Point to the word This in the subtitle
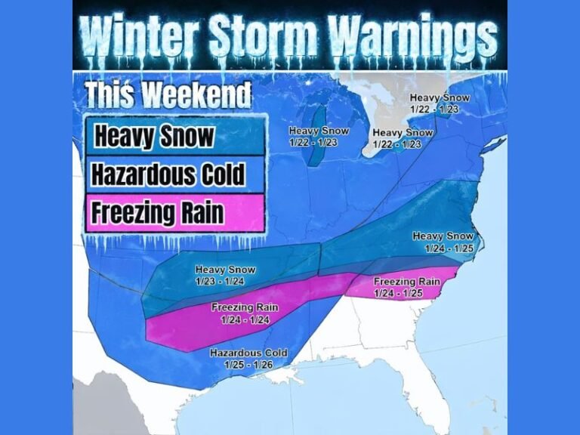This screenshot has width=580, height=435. coord(110,95)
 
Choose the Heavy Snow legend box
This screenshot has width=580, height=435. coord(174,137)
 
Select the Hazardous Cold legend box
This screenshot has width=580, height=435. coord(174,175)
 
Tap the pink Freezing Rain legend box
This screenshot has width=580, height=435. coord(174,213)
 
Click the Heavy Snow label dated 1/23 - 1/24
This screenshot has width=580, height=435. coord(225,274)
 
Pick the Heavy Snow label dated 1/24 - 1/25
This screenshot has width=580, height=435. coord(443,242)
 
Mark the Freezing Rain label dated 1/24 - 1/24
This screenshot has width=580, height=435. coord(245,313)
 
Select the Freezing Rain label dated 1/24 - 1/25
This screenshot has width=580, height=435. coord(407,286)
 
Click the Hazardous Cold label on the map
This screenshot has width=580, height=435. coord(248,353)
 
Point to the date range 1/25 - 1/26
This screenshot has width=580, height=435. coord(248,364)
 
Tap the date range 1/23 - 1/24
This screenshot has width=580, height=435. coord(225,280)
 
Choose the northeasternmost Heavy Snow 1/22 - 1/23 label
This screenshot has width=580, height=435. coord(439,103)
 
